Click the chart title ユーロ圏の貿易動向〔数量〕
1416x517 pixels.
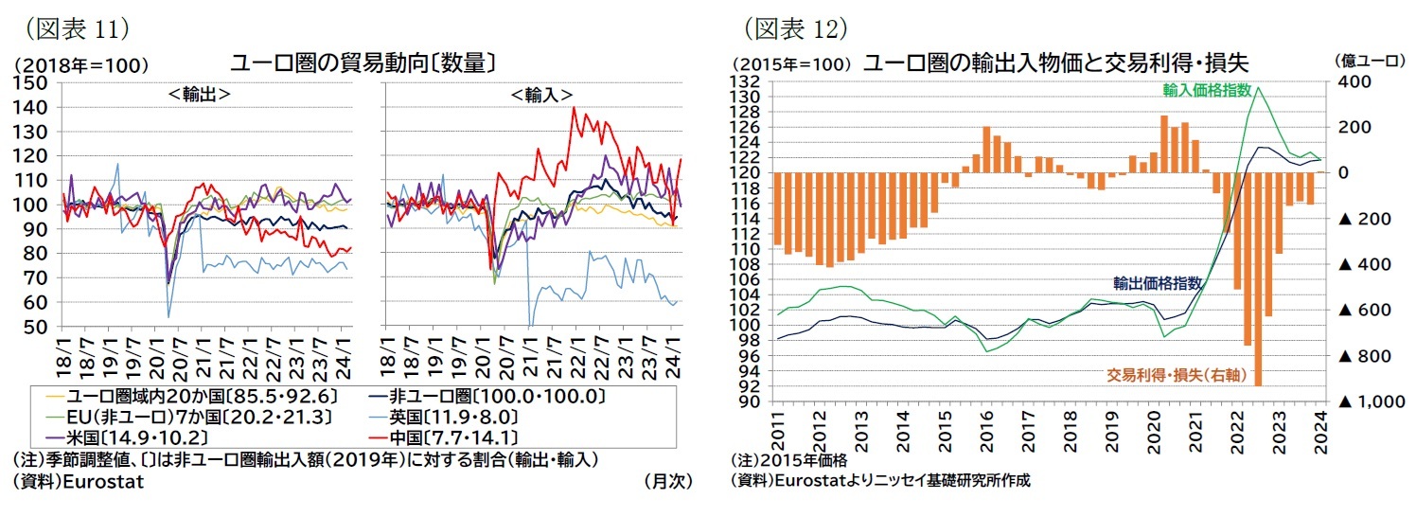(364, 63)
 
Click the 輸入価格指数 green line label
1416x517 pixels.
(1208, 90)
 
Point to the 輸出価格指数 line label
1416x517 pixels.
(1158, 282)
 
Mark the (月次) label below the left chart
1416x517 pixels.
(667, 481)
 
